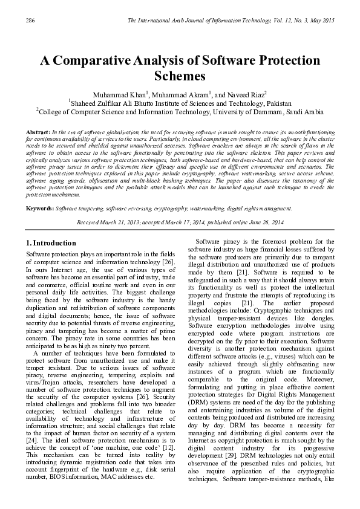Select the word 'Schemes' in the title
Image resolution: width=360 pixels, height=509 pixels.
pyautogui.click(x=180, y=77)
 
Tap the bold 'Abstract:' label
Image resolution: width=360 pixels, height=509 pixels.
pyautogui.click(x=38, y=132)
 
